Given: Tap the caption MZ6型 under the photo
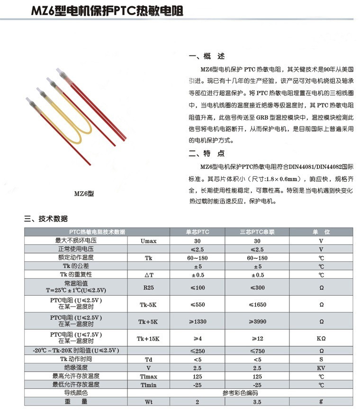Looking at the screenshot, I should pos(84,193).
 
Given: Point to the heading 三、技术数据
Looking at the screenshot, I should pos(46,219).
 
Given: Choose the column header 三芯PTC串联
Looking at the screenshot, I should pos(257,232).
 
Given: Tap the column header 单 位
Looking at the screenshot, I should pos(321,232).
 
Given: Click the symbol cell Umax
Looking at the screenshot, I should pos(148,240).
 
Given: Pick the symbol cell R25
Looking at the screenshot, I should pos(148,287).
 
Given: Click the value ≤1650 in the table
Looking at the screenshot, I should pos(257,305).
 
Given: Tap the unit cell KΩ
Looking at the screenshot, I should pos(321,339).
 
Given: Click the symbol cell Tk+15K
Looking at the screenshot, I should pos(148,339).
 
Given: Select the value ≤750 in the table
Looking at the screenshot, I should pos(257,351).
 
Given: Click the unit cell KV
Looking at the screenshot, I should pos(321,368).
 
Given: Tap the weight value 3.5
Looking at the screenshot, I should pos(257,401).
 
